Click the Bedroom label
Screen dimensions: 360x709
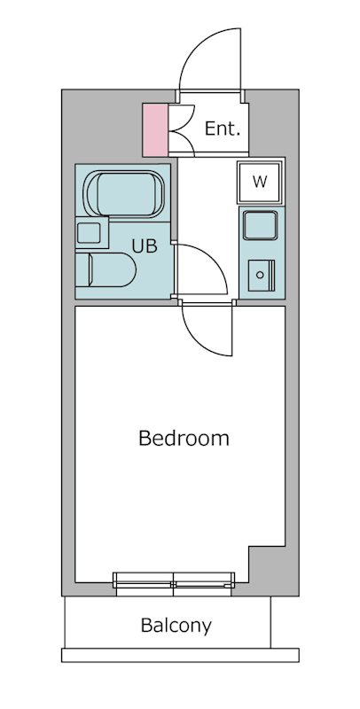click(184, 438)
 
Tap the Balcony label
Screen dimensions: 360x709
click(176, 626)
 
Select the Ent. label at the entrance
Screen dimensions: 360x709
click(222, 129)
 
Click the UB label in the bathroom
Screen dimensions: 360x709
click(145, 246)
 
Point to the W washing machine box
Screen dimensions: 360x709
click(260, 183)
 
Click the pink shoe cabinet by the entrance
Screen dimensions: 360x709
click(155, 129)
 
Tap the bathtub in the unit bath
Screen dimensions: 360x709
click(124, 194)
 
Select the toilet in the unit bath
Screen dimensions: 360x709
click(106, 269)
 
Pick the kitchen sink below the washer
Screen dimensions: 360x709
click(260, 225)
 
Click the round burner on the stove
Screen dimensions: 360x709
click(260, 275)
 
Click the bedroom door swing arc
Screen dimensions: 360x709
click(194, 341)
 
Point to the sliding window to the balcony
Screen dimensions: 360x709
click(174, 584)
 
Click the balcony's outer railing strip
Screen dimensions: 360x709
click(180, 655)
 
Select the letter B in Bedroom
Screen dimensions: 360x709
click(145, 438)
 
